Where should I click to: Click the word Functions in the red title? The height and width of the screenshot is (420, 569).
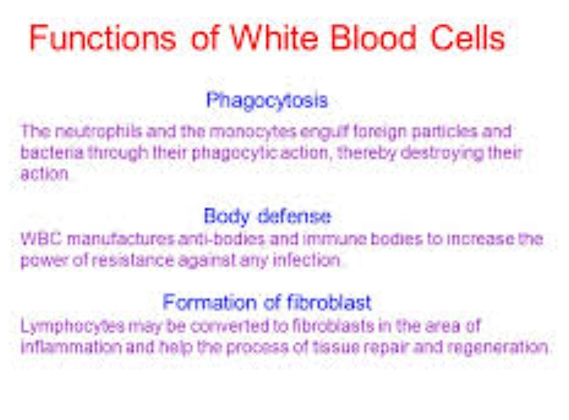coord(103,38)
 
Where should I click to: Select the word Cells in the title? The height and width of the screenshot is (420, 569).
coord(468,38)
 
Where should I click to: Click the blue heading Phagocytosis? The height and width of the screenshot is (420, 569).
coord(267,101)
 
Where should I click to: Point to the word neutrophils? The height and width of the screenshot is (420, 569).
coord(98,131)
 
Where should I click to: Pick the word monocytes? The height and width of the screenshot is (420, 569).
coord(253,131)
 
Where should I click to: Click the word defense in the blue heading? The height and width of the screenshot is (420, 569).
coord(294,216)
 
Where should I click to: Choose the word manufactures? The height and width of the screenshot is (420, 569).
coord(121,239)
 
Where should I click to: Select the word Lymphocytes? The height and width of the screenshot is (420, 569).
coord(73,326)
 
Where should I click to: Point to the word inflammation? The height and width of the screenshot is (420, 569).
coord(71,347)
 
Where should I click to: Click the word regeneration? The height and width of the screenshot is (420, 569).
coord(497,348)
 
